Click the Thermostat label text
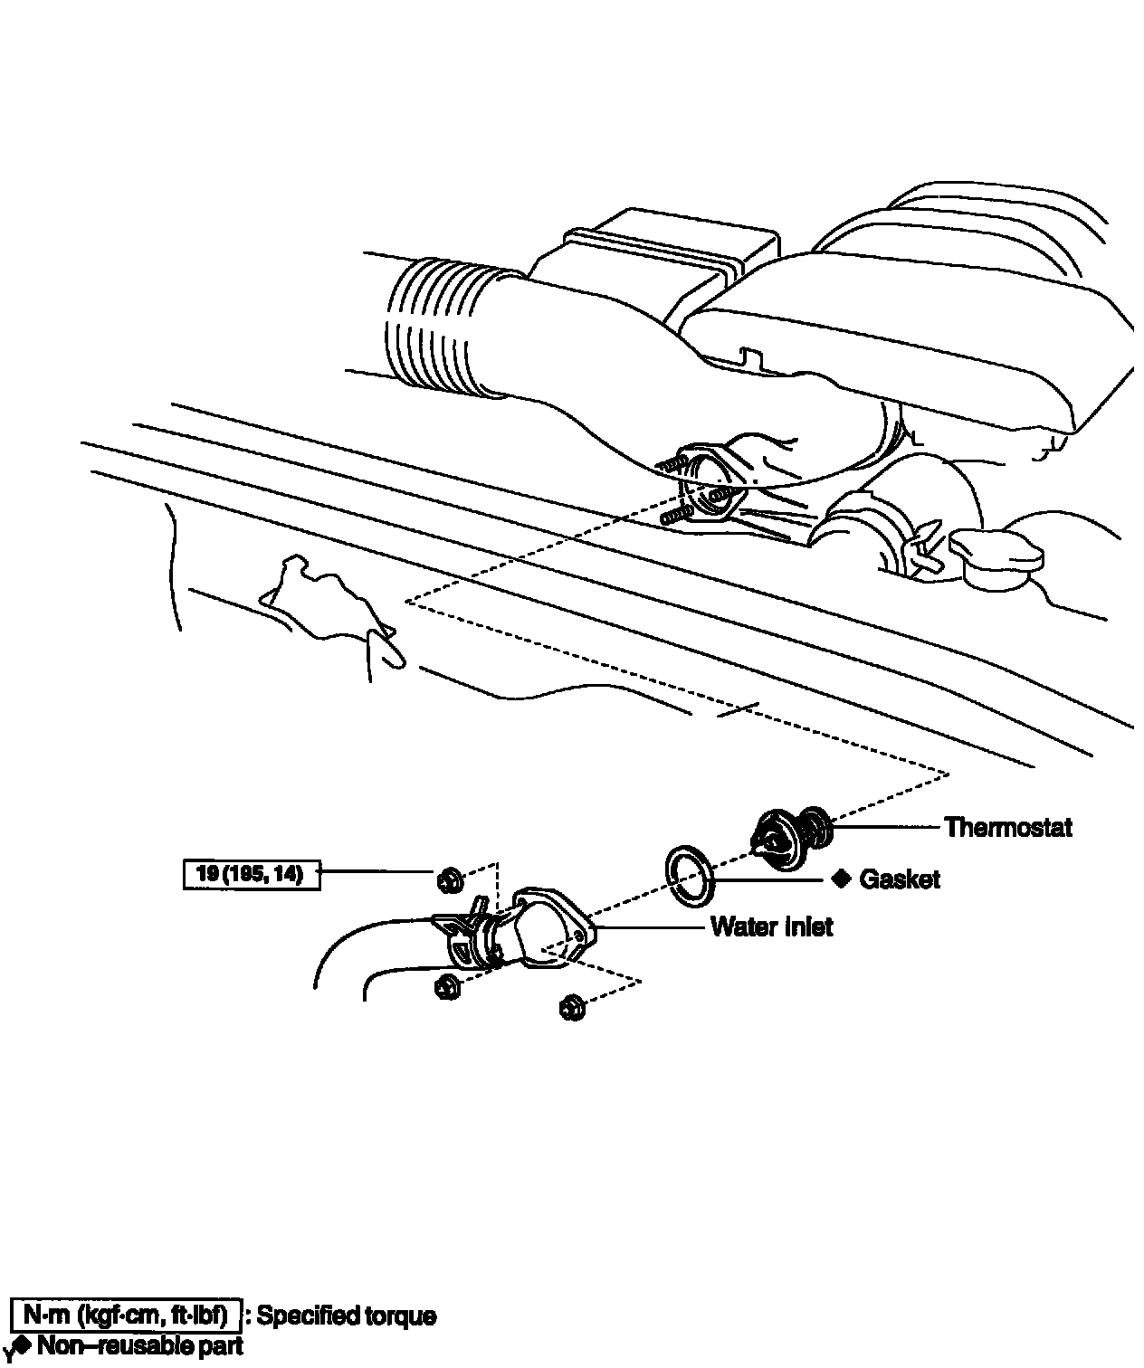(1008, 828)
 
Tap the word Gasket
(900, 879)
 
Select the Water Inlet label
(772, 926)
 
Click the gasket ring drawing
(690, 876)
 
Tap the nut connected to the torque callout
(451, 880)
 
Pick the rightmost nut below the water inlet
(573, 1007)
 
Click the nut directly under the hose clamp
(448, 986)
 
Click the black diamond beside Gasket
(841, 879)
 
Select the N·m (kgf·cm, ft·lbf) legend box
(127, 1315)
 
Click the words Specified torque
(346, 1316)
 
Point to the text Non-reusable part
(140, 1345)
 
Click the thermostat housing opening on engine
(712, 485)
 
